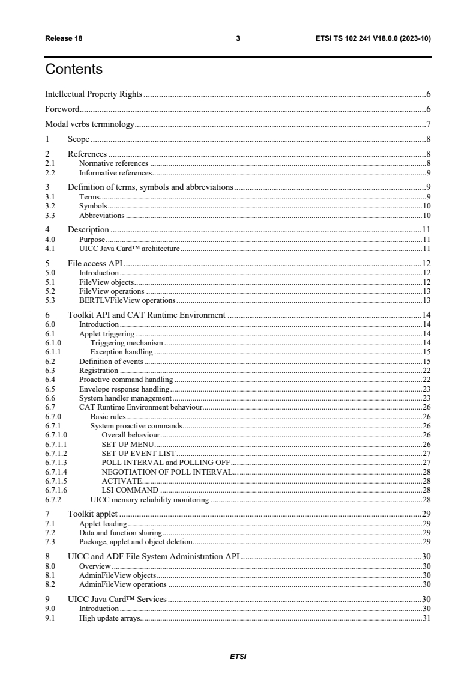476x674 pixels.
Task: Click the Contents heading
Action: point(74,70)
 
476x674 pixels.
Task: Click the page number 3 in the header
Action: point(238,38)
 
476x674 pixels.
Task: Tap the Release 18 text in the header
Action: point(64,38)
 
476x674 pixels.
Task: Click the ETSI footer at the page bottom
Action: point(238,657)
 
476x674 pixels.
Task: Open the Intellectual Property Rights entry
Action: point(94,94)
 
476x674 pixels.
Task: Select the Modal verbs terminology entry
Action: point(90,125)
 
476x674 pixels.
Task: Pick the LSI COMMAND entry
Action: point(130,490)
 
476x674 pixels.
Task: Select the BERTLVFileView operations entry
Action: point(127,300)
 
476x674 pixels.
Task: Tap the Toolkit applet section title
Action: point(92,514)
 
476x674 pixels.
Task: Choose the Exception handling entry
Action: point(121,351)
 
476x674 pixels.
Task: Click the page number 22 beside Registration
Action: point(427,371)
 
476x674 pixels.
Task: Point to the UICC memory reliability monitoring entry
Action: point(149,499)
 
